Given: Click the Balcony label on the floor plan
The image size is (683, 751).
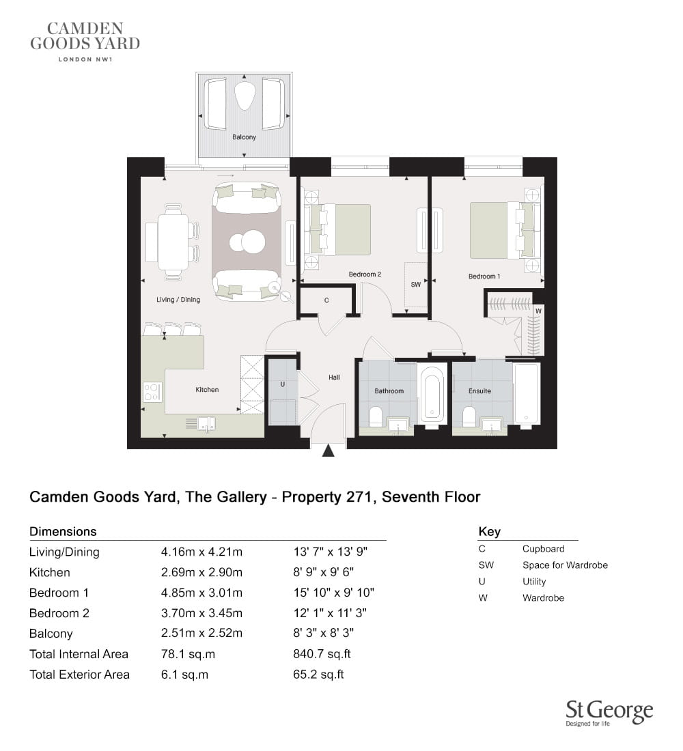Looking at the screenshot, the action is click(x=244, y=137).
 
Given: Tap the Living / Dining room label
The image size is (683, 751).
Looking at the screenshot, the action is click(x=178, y=299).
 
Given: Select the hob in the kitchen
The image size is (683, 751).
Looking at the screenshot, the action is click(x=152, y=392).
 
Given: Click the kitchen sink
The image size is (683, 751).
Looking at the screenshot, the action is click(x=206, y=423).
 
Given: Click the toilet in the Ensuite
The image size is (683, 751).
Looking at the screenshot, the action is click(x=469, y=416).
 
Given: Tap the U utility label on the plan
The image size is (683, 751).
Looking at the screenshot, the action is click(x=282, y=384).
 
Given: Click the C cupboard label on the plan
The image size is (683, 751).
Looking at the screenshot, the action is click(x=326, y=300).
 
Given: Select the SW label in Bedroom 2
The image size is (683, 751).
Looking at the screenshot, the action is click(x=415, y=285).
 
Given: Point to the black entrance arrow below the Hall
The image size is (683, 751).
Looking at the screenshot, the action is click(x=329, y=451).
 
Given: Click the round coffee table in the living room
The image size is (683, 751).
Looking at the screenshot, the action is click(x=247, y=242).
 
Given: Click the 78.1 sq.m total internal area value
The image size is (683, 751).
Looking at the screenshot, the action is click(x=188, y=654).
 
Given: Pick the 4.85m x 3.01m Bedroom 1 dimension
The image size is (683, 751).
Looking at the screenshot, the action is click(x=201, y=593).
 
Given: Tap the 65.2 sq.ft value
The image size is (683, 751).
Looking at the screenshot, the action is click(x=319, y=675).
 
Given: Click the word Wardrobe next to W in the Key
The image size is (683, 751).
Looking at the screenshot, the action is click(x=543, y=598).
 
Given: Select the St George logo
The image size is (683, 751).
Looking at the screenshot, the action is click(x=609, y=713).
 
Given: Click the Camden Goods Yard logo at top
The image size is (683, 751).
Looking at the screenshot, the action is click(x=85, y=41).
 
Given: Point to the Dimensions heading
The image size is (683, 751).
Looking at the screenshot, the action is click(x=63, y=532).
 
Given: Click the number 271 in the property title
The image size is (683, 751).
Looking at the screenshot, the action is click(x=361, y=497).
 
